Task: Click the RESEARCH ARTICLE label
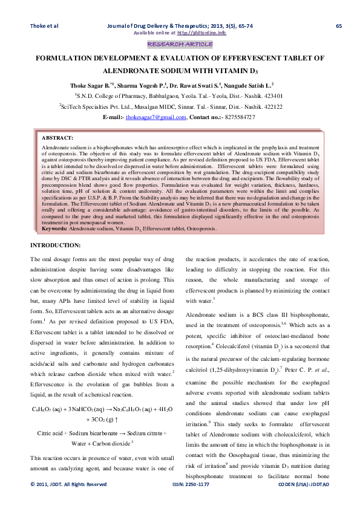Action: click(180, 44)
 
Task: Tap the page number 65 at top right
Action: click(338, 25)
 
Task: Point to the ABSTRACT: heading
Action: click(57, 138)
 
